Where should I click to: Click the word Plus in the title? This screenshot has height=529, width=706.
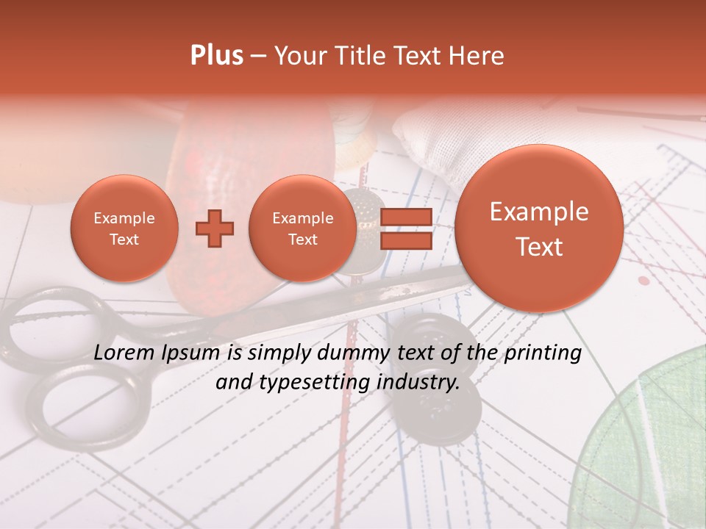[216, 56]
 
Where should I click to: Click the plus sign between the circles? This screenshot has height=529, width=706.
[215, 229]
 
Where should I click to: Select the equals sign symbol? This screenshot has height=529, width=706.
[405, 229]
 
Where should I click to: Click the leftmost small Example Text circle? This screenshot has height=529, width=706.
[124, 228]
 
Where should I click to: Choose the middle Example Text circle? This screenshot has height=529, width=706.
[302, 228]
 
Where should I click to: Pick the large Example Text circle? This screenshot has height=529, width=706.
[539, 228]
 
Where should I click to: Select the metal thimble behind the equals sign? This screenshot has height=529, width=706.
[360, 220]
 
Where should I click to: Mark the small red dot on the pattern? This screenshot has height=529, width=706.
[644, 280]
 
